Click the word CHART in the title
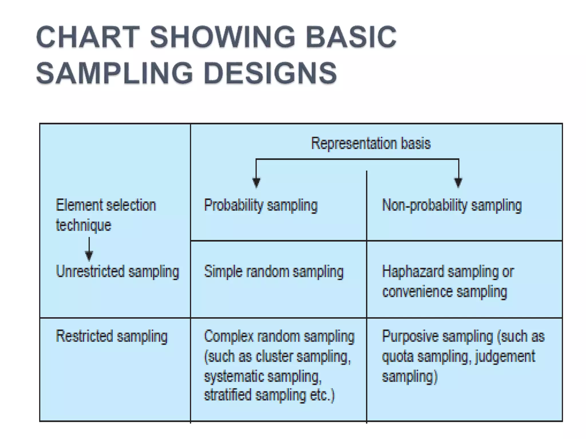88,37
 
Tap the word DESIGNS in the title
270,73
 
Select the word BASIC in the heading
351,37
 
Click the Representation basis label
371,143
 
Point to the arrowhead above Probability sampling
256,182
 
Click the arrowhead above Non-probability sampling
458,182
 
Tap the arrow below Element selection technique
89,253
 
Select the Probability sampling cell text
261,205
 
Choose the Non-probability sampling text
452,205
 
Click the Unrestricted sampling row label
117,272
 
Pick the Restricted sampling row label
112,336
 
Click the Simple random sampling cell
274,272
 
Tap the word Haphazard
413,272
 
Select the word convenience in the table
417,292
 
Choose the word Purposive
408,336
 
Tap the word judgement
505,356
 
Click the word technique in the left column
83,225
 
